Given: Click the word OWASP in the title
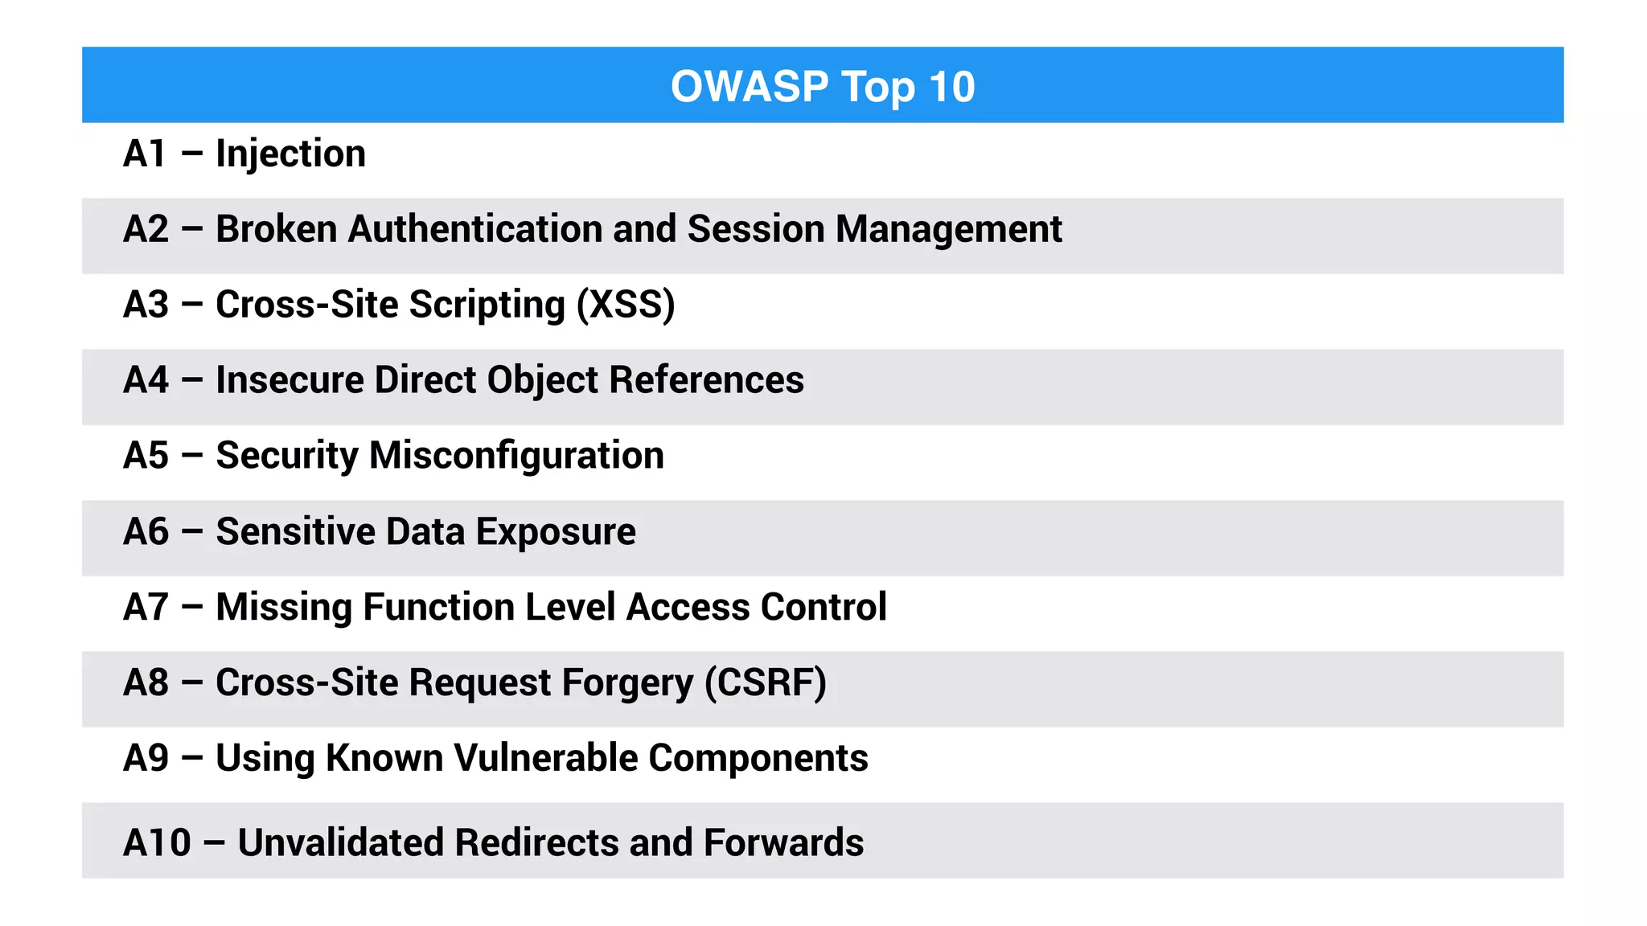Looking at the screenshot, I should pos(749,87).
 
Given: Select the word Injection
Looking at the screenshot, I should pos(290,154).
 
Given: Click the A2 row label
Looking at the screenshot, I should pos(146,229).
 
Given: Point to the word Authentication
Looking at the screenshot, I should pos(475,229).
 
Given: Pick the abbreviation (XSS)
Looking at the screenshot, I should pos(626,305).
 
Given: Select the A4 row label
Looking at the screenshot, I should pos(146,380).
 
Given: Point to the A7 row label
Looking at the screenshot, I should pos(146,608).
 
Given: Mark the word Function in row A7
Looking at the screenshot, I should pos(438,608).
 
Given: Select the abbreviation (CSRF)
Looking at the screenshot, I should pos(766,683).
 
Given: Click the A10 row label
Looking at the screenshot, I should pos(157,843).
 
